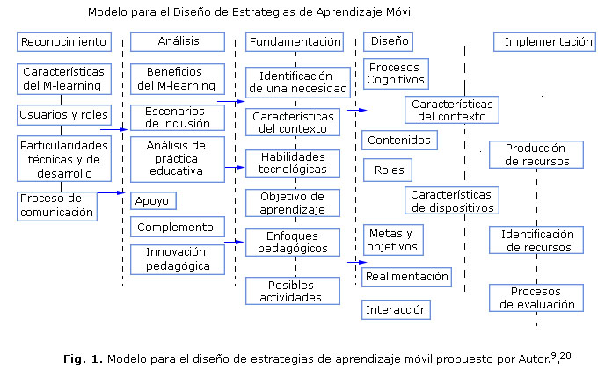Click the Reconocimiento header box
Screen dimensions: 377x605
pos(63,41)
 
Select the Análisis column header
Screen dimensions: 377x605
pos(179,41)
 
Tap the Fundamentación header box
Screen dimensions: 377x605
pos(294,41)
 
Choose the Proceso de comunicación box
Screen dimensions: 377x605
pos(56,205)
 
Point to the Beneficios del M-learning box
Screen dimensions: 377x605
pos(176,78)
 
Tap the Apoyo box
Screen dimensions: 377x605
pos(152,200)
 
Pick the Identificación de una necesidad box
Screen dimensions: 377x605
pos(291,82)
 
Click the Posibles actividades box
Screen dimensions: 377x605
pos(292,290)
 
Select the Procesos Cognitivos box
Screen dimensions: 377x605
pos(396,73)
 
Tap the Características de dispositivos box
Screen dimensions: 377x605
pos(451,200)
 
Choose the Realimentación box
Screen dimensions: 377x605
pos(406,277)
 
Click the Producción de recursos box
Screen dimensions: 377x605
pos(536,154)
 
